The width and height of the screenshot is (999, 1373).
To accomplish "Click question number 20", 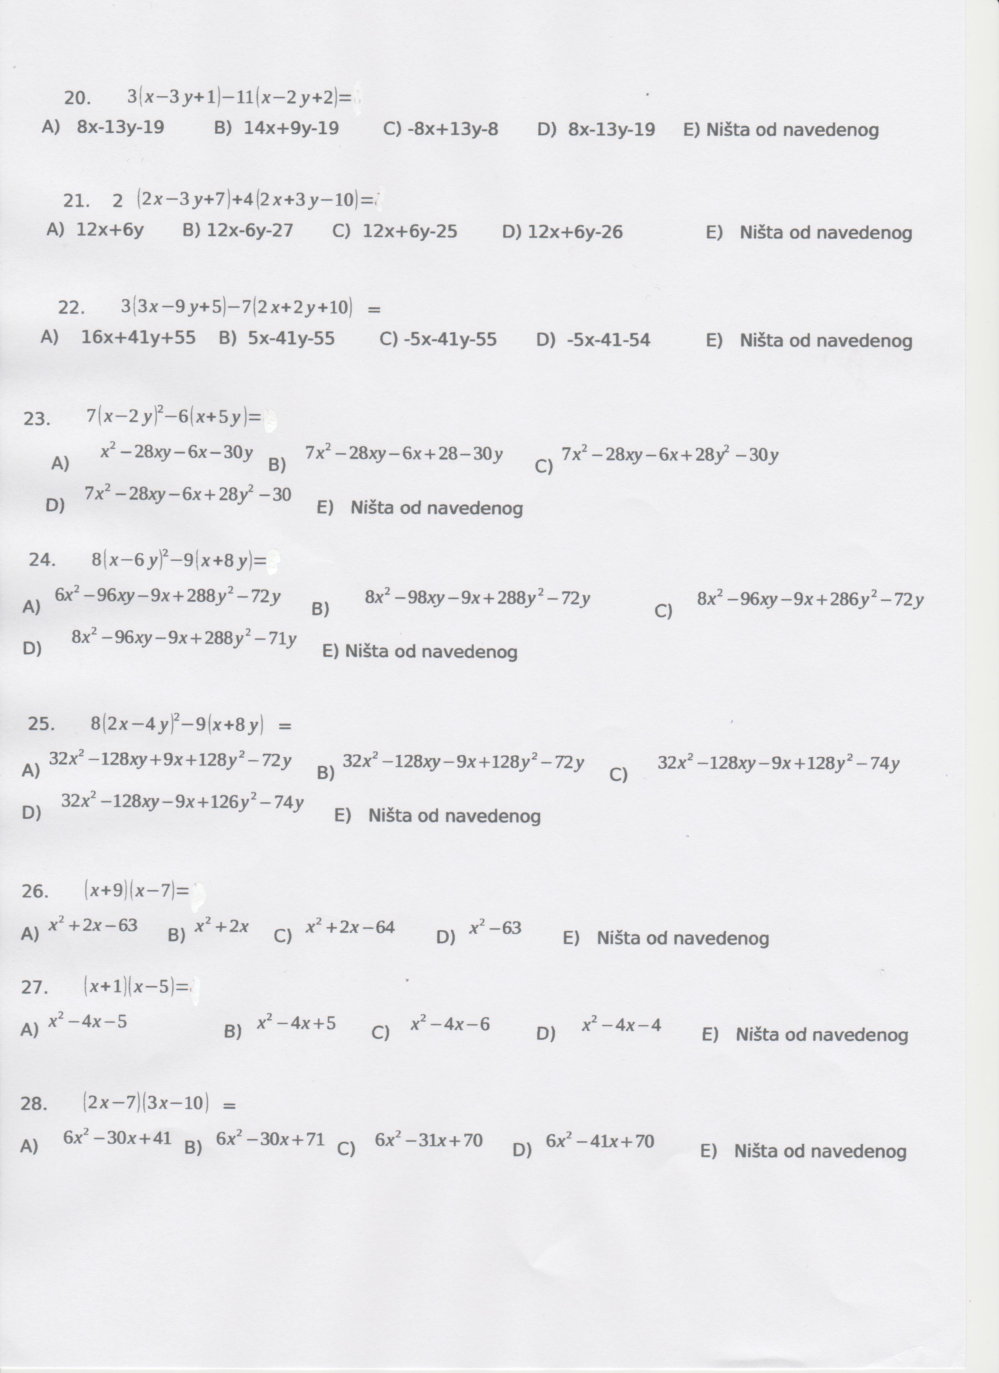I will click(77, 98).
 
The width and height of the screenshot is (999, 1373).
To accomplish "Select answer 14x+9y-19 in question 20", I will click(291, 128).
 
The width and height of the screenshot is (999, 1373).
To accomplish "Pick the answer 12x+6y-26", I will click(575, 232).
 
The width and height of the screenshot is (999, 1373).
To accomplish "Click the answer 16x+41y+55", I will click(138, 338).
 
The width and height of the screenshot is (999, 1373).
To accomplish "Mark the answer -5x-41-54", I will click(608, 340).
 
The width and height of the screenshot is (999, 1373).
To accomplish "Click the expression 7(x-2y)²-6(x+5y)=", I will click(173, 417).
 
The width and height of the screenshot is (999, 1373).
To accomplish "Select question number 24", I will click(42, 560).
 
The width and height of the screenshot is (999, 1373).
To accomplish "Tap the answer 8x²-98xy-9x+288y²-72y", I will click(477, 598).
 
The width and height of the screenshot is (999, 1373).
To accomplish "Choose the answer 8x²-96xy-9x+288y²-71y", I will click(184, 638).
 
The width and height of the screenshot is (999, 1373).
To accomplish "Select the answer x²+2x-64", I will click(350, 927).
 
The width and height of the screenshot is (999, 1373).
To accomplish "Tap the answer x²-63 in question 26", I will click(495, 928).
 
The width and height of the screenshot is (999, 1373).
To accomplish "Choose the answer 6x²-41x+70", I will click(599, 1141).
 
